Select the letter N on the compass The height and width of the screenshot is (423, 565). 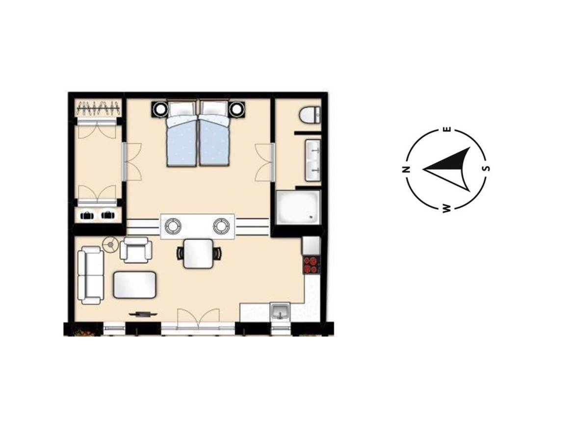click(x=406, y=170)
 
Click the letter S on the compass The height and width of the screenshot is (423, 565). click(x=487, y=168)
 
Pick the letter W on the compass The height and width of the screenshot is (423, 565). click(x=446, y=209)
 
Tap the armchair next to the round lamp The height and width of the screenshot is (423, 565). click(x=135, y=249)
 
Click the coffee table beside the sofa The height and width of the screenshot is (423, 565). click(x=135, y=285)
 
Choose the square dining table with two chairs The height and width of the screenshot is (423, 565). click(x=198, y=253)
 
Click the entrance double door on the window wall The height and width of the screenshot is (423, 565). click(x=198, y=321)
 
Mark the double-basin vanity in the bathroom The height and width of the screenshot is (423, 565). click(x=313, y=160)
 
